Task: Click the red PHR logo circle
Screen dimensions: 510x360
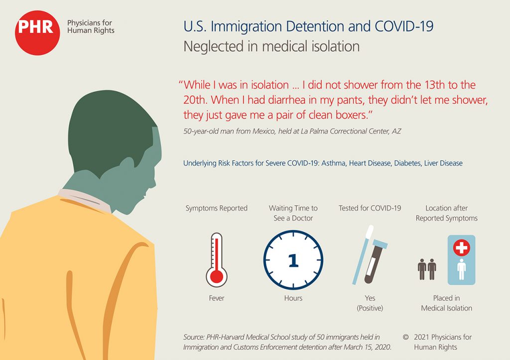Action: (x=37, y=32)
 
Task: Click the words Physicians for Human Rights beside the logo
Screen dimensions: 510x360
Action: (x=91, y=27)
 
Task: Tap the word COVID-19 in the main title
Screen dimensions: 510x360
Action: (x=404, y=26)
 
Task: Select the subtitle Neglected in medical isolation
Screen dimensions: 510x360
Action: (x=271, y=46)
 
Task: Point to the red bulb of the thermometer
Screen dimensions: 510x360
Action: (x=217, y=277)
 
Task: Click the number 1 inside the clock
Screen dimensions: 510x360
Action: (x=293, y=260)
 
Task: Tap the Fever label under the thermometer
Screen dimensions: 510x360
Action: (x=217, y=298)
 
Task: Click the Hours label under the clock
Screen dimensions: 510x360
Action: (x=293, y=298)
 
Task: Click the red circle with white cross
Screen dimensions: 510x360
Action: (x=462, y=247)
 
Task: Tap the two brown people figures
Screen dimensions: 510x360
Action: (x=427, y=269)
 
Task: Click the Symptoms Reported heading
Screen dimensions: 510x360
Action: (x=217, y=208)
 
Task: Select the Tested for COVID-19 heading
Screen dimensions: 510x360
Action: (x=370, y=208)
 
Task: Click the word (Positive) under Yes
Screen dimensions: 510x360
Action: (x=370, y=308)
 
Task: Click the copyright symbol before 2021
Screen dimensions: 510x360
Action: (x=405, y=337)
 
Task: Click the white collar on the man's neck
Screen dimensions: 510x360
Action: (x=85, y=199)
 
